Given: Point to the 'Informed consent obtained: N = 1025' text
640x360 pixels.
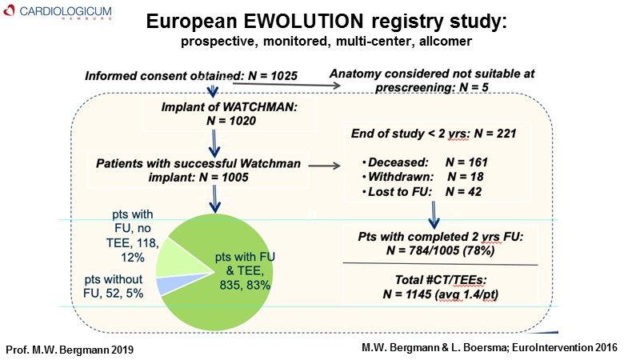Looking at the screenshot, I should pyautogui.click(x=192, y=76).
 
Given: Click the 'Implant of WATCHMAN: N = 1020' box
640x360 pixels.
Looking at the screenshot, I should pyautogui.click(x=215, y=114).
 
